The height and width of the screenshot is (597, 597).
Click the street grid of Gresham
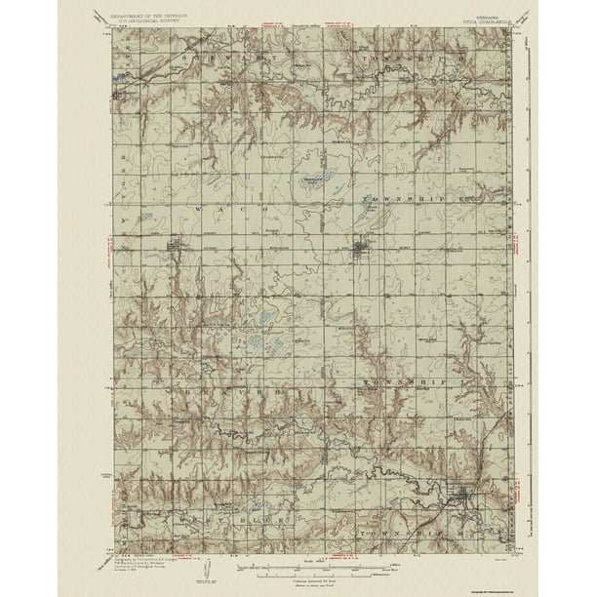124,96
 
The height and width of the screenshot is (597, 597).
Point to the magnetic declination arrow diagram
211,571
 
